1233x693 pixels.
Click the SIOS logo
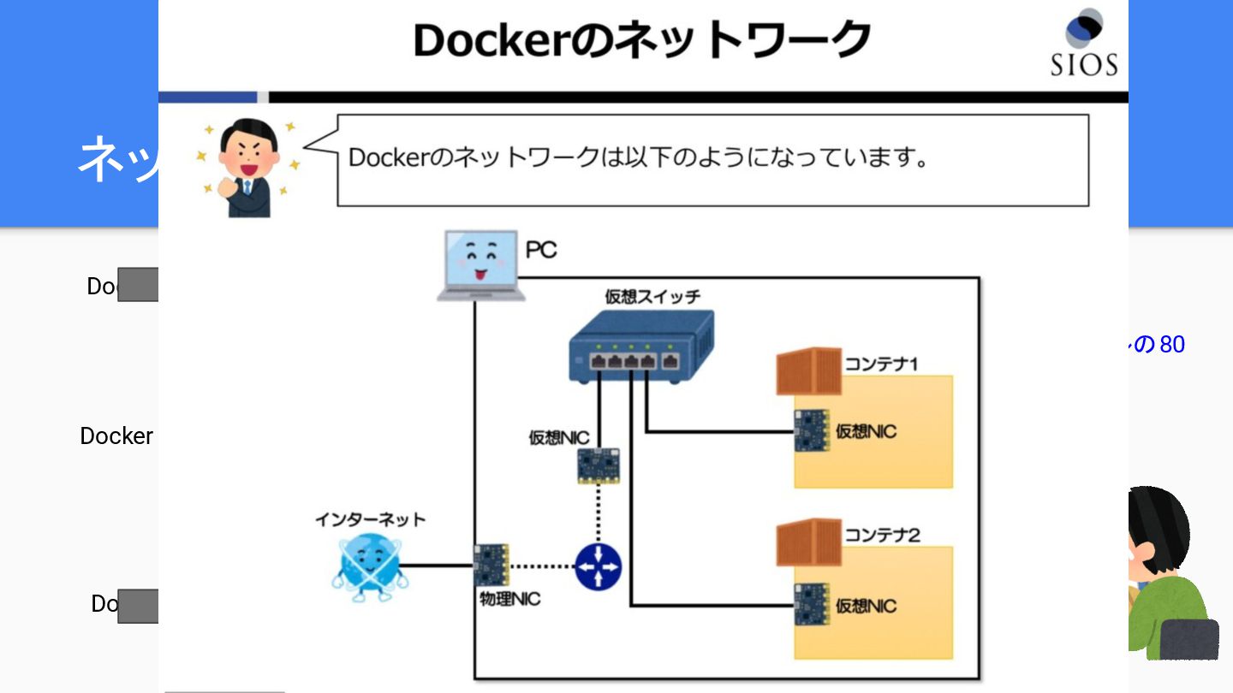(x=1084, y=43)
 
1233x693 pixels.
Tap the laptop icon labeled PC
(x=480, y=265)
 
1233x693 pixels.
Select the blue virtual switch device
(x=641, y=346)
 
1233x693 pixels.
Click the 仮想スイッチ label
(x=652, y=297)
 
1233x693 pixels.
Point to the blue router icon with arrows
(x=598, y=566)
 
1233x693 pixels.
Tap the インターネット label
(x=370, y=519)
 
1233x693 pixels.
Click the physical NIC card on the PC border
(x=491, y=565)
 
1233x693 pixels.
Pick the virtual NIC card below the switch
(x=599, y=465)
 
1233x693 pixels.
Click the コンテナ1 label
(x=882, y=364)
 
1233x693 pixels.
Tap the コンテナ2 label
(x=882, y=536)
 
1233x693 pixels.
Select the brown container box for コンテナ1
(x=809, y=370)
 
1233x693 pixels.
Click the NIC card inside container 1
(x=811, y=430)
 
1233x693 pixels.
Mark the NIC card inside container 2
(x=811, y=605)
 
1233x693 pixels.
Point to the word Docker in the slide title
(x=486, y=40)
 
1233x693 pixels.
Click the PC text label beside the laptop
(x=540, y=251)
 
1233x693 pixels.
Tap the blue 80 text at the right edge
(x=1172, y=345)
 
